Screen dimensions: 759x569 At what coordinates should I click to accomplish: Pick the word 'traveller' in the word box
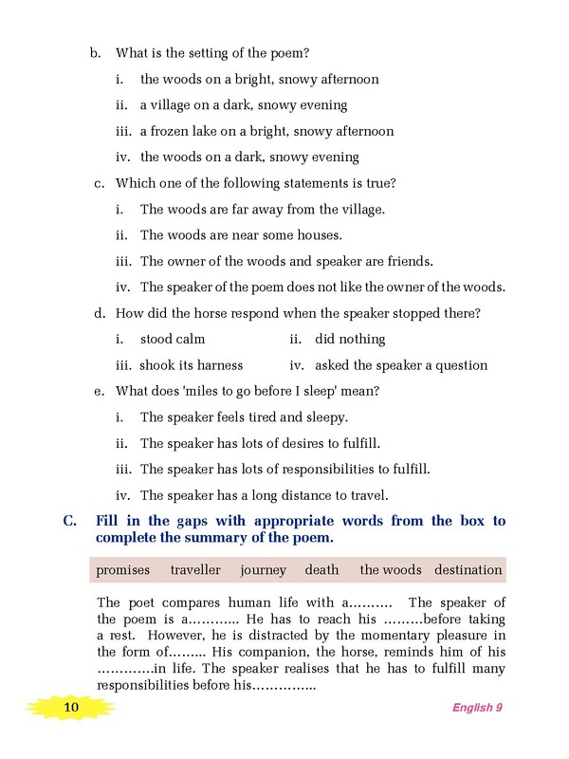[x=195, y=570]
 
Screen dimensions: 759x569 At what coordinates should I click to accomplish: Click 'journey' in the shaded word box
[x=263, y=570]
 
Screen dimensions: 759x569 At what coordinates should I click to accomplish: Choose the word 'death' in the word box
[x=321, y=570]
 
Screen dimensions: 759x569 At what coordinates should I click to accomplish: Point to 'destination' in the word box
[x=468, y=570]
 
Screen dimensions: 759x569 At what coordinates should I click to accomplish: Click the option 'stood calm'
[x=172, y=339]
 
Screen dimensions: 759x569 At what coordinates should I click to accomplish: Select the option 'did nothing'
[x=350, y=339]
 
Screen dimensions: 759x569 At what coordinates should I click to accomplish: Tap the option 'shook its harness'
[x=191, y=365]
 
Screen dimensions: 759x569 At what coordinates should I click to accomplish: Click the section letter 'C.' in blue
[x=69, y=521]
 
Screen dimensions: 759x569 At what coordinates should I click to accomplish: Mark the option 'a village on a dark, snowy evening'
[x=243, y=105]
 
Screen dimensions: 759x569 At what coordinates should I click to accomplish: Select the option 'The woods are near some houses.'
[x=241, y=234]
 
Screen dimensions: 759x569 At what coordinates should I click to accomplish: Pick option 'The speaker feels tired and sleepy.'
[x=244, y=417]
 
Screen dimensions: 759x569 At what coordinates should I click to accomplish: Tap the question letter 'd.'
[x=99, y=313]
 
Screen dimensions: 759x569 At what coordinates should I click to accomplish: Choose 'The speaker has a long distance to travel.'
[x=264, y=494]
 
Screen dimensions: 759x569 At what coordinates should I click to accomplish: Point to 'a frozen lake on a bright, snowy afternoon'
[x=266, y=131]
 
